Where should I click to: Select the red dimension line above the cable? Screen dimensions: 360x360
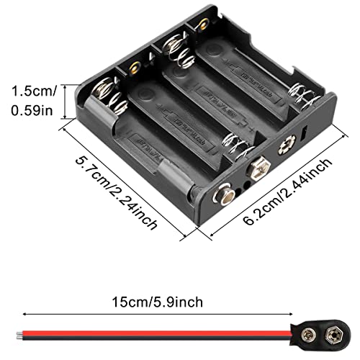180,313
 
